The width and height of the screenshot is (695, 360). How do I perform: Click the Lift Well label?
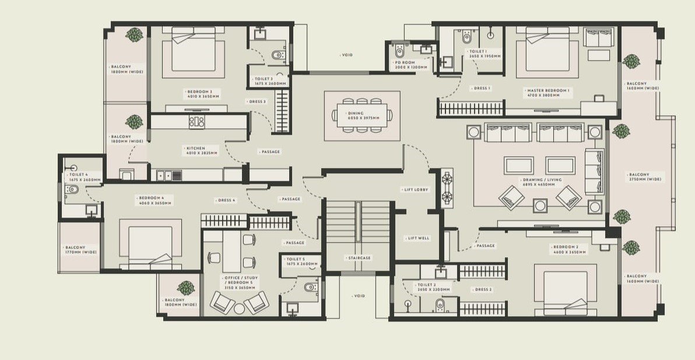pyautogui.click(x=418, y=238)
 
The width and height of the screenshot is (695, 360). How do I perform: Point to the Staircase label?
pyautogui.click(x=358, y=258)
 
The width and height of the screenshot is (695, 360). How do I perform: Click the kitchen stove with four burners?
pyautogui.click(x=197, y=122)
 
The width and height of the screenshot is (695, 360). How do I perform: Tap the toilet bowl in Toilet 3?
pyautogui.click(x=278, y=55)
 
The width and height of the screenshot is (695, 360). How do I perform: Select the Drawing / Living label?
pyautogui.click(x=542, y=182)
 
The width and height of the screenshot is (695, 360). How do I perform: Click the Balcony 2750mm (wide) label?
pyautogui.click(x=644, y=177)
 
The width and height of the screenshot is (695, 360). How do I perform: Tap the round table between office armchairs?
pyautogui.click(x=240, y=308)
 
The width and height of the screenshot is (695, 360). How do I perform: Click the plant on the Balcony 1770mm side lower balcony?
pyautogui.click(x=186, y=288)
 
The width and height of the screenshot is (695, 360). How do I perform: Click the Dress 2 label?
pyautogui.click(x=483, y=289)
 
